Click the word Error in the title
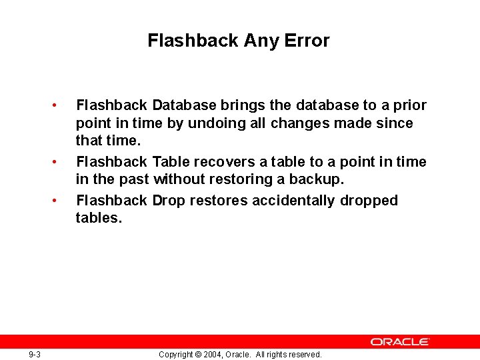click(307, 41)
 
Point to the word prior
click(409, 105)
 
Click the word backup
click(317, 179)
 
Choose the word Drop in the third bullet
click(169, 201)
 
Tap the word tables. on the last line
click(99, 218)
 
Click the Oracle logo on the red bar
click(400, 341)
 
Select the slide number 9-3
click(35, 354)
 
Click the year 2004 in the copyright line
click(211, 354)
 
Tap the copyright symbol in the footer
click(197, 354)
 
